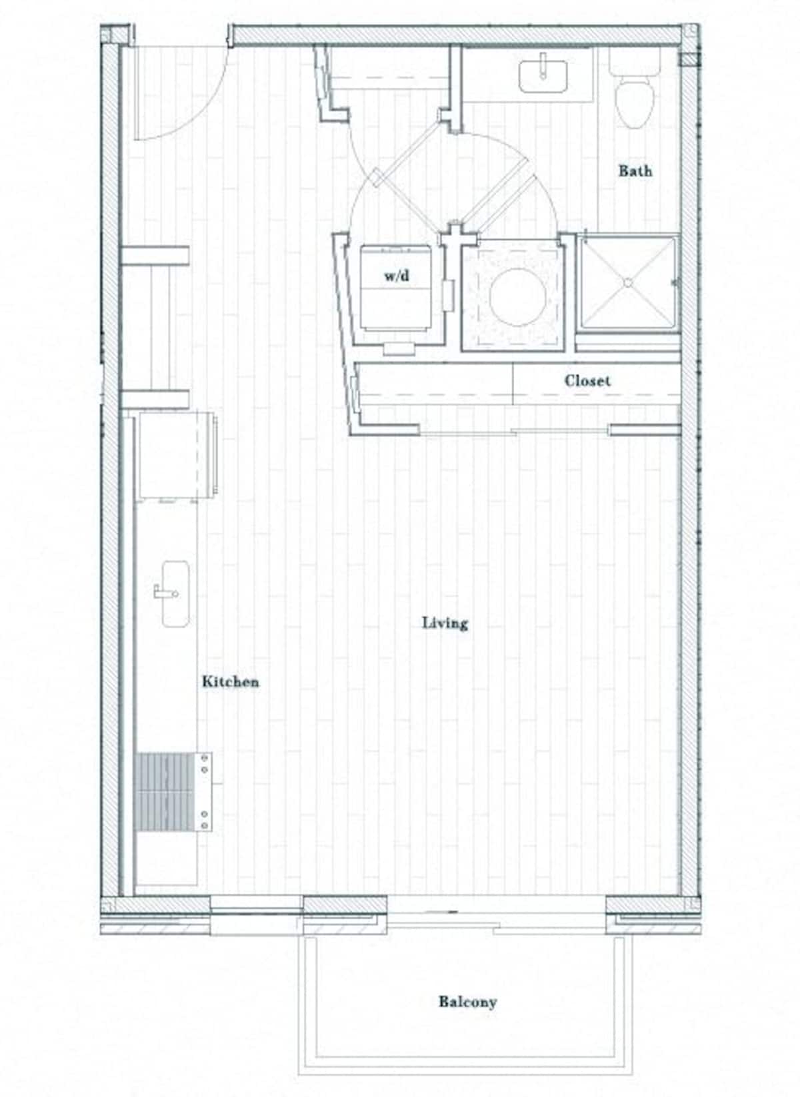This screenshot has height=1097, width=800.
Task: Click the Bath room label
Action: pos(635,171)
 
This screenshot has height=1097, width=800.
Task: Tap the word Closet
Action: pos(587,381)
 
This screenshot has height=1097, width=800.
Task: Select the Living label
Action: pos(445,623)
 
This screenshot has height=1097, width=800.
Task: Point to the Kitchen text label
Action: pos(230,681)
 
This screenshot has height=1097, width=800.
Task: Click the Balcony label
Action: pos(467,1001)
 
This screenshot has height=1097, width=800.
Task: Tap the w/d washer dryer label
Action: pos(397,276)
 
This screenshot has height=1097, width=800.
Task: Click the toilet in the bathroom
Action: pos(634,100)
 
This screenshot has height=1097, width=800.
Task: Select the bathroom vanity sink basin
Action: pos(543,77)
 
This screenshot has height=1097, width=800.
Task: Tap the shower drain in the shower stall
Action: pos(627,282)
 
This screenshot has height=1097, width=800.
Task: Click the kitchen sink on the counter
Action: pos(175,593)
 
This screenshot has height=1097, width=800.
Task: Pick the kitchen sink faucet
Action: pos(162,591)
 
